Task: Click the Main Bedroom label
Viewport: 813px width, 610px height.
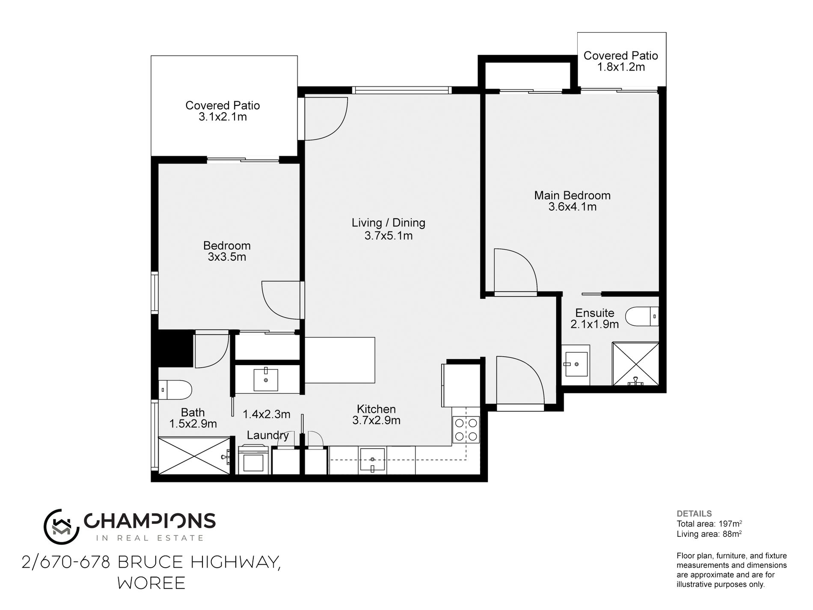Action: pyautogui.click(x=572, y=196)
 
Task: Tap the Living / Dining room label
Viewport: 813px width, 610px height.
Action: pyautogui.click(x=389, y=223)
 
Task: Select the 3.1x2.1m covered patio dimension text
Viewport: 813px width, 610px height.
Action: pyautogui.click(x=223, y=117)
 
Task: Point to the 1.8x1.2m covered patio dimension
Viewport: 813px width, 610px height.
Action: pyautogui.click(x=621, y=67)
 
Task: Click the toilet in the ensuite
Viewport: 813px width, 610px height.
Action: pyautogui.click(x=642, y=316)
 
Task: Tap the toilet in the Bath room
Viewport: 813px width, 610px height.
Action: pyautogui.click(x=175, y=390)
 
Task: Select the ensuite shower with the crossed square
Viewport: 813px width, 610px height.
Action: pyautogui.click(x=635, y=364)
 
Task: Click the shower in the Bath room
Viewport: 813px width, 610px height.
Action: pyautogui.click(x=195, y=455)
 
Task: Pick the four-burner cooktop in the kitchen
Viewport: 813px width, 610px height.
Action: pyautogui.click(x=466, y=430)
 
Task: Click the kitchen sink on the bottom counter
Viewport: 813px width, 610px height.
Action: pyautogui.click(x=372, y=460)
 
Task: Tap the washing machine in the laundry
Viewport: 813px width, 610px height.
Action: pyautogui.click(x=254, y=460)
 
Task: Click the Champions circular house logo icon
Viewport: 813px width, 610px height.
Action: pyautogui.click(x=61, y=527)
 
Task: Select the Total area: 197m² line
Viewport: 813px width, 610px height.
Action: pyautogui.click(x=709, y=524)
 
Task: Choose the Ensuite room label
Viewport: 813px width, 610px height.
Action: pyautogui.click(x=595, y=313)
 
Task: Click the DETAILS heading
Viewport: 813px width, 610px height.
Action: pyautogui.click(x=694, y=514)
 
